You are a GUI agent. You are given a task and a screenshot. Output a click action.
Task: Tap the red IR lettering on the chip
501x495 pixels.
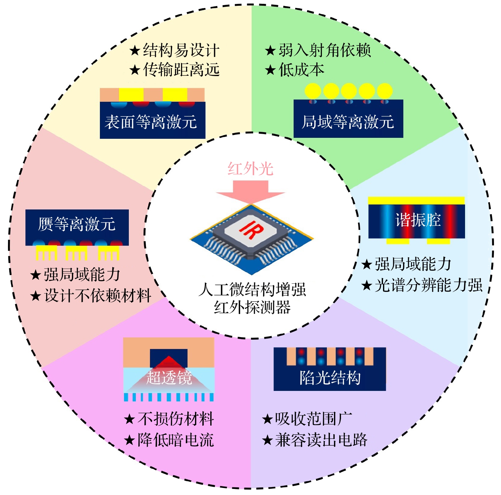point(251,230)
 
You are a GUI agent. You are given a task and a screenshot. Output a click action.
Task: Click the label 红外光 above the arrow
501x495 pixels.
point(250,169)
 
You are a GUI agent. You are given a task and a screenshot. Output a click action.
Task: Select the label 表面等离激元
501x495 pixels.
point(151,122)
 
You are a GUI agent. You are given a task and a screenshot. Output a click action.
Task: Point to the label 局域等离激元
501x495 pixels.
point(348,122)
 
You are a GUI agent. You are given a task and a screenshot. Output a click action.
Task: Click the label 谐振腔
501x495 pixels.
point(418,220)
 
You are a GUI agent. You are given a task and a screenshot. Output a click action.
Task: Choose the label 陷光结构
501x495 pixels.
point(330,378)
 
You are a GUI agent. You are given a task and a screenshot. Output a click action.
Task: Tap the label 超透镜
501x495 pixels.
point(169,378)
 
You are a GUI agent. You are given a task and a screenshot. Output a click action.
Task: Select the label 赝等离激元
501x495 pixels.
point(77,224)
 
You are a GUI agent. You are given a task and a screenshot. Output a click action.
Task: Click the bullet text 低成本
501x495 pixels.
point(301,70)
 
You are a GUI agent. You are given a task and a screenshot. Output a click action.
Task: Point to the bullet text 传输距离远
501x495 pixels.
point(181,70)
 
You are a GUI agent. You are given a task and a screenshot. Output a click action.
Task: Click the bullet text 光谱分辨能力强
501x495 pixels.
point(428,285)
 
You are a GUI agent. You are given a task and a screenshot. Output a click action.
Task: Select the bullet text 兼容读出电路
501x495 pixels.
point(321,440)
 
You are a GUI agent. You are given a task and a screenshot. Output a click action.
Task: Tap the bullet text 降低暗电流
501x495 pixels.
point(176,440)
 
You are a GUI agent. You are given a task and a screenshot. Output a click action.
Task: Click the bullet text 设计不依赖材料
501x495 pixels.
point(97,295)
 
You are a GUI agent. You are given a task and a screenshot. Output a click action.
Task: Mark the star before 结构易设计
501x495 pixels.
point(135,50)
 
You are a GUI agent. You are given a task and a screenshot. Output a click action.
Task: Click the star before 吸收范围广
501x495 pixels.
point(267,419)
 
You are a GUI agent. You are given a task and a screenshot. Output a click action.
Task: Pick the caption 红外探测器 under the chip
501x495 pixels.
point(252,307)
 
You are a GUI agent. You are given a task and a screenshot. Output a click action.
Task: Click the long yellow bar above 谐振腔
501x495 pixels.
point(416,201)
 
